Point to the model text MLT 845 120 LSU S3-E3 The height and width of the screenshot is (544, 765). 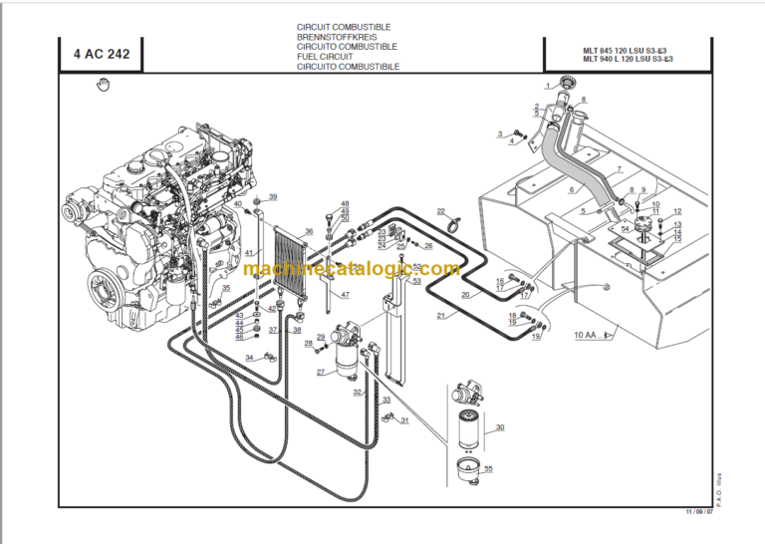pos(613,49)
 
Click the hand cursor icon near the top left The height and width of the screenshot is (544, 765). pos(102,86)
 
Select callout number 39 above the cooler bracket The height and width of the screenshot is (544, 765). pos(272,197)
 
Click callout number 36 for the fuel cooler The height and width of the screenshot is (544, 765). pos(309,232)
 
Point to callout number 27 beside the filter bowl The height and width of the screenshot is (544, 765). pos(321,373)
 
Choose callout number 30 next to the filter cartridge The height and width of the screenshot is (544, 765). pos(500,427)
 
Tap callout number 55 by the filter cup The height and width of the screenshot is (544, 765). pos(488,468)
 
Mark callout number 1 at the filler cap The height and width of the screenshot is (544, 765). pos(547,88)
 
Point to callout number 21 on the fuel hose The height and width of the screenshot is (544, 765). pos(439,316)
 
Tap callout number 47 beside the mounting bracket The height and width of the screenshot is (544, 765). pos(345,295)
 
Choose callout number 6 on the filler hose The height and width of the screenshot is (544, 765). pos(572,189)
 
